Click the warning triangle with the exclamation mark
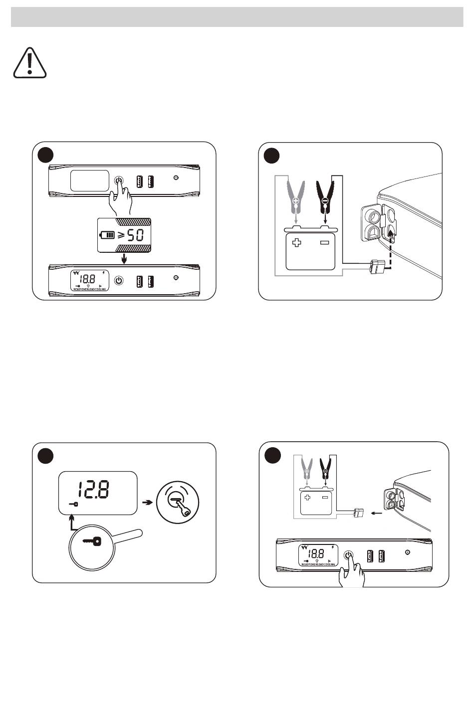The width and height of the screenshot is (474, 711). coord(30,64)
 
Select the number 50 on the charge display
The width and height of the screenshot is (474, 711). coord(135,235)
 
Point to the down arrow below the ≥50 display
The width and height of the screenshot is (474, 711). coord(125,259)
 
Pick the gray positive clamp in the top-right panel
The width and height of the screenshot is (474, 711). coord(296,196)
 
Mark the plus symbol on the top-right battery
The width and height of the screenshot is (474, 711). coord(297,243)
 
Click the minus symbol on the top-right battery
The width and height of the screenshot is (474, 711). coord(325,243)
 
